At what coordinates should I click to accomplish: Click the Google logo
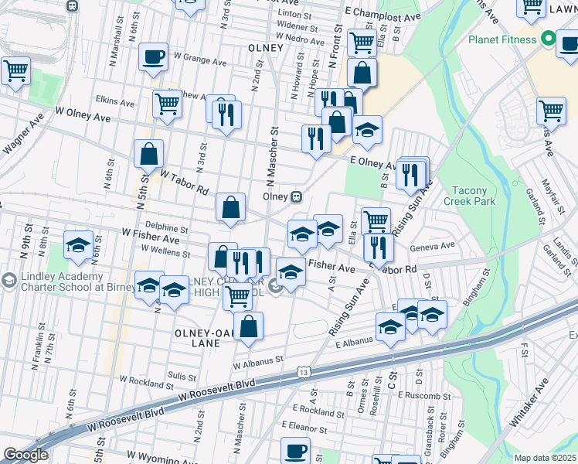[25, 455]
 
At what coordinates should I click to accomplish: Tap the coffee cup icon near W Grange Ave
[153, 56]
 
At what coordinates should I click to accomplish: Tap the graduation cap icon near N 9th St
[78, 245]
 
